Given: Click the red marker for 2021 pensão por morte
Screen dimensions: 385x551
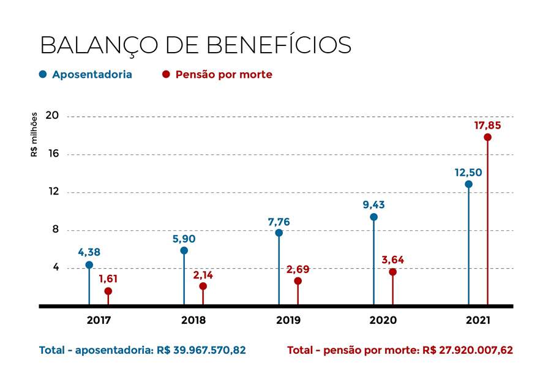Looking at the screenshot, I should point(487,137).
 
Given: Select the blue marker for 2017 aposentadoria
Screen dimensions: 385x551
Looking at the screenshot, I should point(89,265).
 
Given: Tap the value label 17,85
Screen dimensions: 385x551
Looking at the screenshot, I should point(487,125).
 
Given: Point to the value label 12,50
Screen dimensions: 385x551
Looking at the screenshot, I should point(468,173).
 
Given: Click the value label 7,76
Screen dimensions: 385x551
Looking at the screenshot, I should point(279,221).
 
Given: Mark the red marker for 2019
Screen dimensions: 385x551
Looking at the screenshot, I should point(298,281).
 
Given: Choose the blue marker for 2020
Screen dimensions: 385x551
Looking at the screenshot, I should point(373,217).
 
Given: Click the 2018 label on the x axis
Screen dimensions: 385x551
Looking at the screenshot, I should point(193,320).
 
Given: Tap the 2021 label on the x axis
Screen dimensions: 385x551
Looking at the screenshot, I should point(478,320).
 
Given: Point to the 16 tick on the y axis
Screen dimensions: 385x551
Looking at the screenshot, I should point(53,154).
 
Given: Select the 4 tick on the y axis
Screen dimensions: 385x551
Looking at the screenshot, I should point(56,267).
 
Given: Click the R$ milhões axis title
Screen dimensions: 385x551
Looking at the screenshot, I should point(34,134).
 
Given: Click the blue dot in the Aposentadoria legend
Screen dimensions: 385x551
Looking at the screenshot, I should point(43,75).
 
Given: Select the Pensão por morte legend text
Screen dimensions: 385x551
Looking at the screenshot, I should point(223,75).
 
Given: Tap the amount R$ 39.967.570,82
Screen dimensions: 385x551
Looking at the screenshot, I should point(201,351).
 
